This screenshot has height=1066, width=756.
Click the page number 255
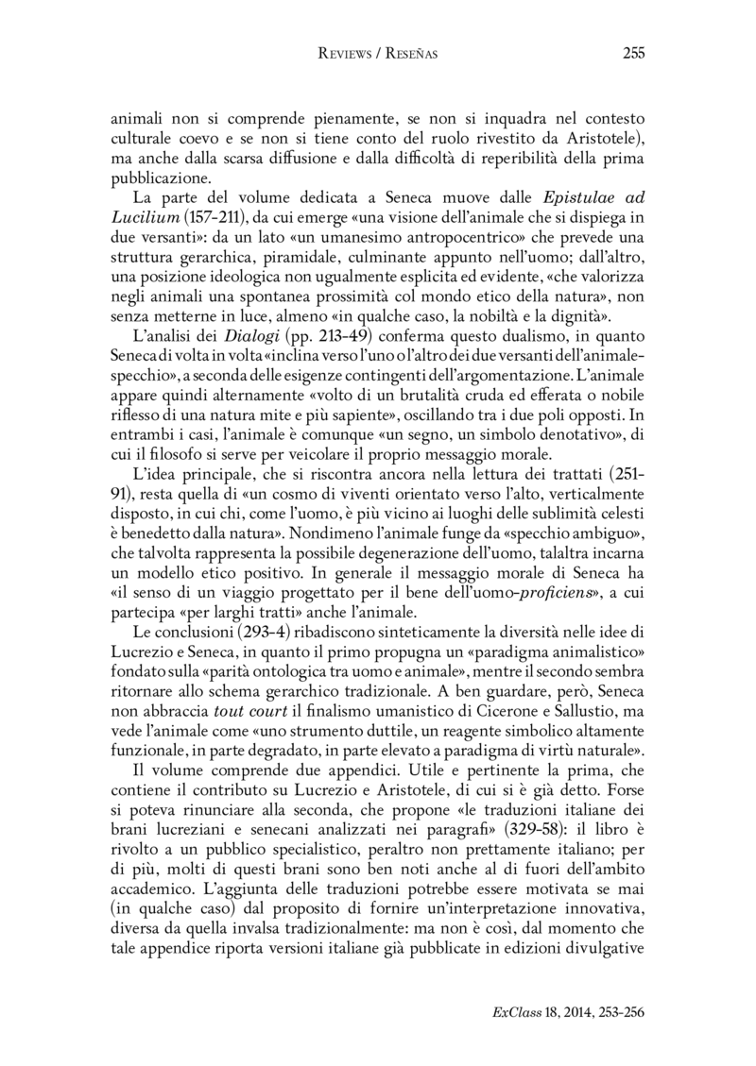click(633, 54)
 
